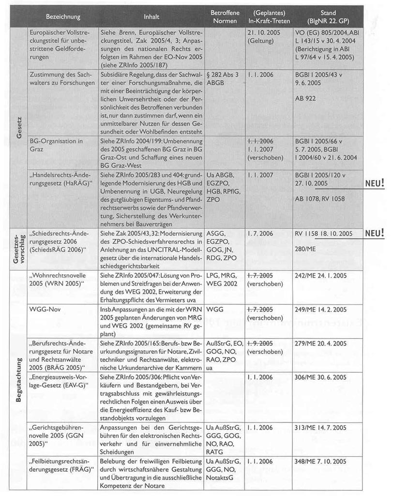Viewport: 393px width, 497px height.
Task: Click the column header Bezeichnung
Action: tap(63, 17)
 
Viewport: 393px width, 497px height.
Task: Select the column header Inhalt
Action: tap(151, 17)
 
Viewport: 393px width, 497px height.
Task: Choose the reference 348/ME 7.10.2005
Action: tap(320, 461)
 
